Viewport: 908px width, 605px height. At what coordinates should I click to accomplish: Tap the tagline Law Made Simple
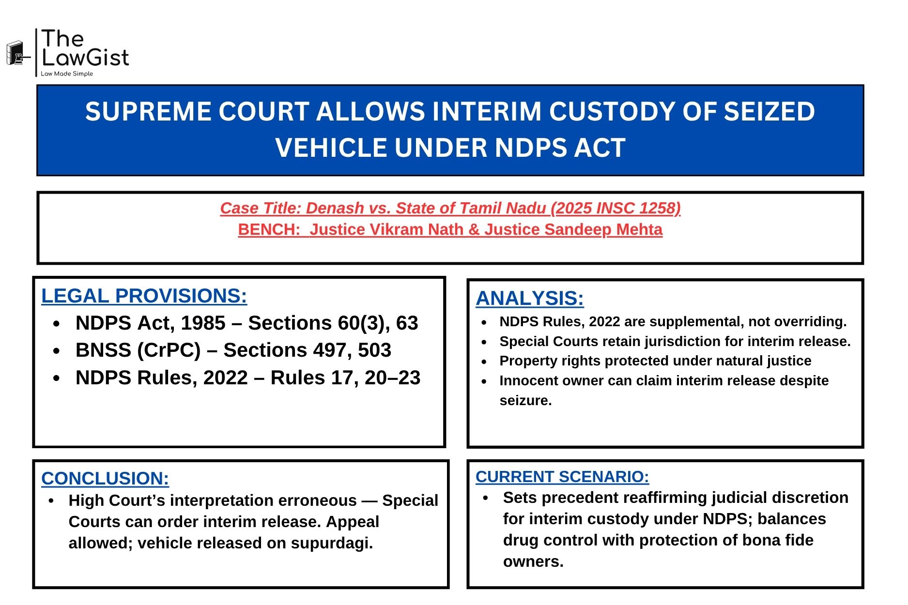[x=67, y=74]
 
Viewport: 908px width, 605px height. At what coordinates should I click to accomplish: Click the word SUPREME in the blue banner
[x=148, y=112]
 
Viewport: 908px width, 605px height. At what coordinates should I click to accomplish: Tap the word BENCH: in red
[x=269, y=229]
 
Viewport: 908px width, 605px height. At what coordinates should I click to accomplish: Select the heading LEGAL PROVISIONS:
[x=144, y=296]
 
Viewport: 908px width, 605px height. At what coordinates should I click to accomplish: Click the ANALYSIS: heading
[x=529, y=298]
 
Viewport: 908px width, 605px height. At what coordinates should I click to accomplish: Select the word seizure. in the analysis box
[x=525, y=401]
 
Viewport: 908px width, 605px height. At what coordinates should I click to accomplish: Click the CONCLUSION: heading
[x=105, y=478]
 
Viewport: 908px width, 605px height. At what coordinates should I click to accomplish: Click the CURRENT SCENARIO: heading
[x=562, y=477]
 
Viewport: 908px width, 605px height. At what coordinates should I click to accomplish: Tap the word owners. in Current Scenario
[x=533, y=561]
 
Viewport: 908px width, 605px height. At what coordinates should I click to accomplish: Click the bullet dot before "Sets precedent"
[x=486, y=498]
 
